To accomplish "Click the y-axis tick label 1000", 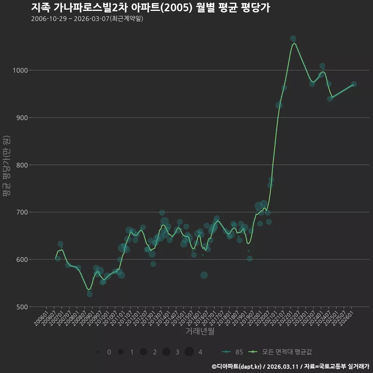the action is pos(20,70).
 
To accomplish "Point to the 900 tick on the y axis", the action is pos(22,117).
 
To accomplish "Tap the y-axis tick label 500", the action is pos(22,307).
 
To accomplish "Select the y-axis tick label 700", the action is pos(22,212).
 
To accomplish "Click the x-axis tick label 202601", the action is pos(346,319).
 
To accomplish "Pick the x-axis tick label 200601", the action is pos(41,319).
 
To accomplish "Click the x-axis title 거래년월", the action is pos(200,331).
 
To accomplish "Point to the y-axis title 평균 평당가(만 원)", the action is pos(7,166).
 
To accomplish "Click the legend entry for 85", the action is pos(232,352).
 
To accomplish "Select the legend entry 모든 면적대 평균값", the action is pos(280,352).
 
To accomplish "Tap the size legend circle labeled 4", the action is pos(189,352).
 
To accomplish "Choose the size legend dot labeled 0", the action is pos(98,352).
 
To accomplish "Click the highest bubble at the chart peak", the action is pos(293,38).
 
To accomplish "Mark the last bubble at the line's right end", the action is pos(354,84).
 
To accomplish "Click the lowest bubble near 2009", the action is pos(89,294).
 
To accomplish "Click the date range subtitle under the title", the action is pos(87,19).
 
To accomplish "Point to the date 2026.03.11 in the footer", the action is pos(282,366).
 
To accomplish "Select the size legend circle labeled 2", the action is pos(143,352).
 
